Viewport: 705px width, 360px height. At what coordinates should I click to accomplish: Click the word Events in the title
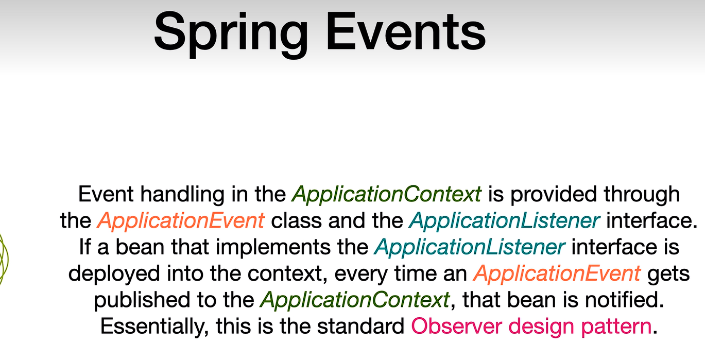(406, 31)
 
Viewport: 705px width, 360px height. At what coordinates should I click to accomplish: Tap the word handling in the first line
(182, 194)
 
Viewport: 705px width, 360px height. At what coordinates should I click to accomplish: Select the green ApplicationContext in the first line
(387, 195)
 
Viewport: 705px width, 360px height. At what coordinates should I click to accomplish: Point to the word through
(642, 195)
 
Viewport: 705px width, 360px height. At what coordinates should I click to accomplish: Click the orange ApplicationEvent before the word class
(181, 220)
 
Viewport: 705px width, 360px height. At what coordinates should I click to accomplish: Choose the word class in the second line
(296, 220)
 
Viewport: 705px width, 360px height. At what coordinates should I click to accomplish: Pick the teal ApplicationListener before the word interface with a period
(505, 220)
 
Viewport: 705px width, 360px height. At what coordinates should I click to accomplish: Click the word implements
(273, 247)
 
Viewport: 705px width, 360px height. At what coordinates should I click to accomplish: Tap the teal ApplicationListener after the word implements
(470, 247)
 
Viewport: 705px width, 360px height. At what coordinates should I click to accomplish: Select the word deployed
(114, 274)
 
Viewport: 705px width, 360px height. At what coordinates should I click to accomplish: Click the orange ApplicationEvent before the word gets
(557, 273)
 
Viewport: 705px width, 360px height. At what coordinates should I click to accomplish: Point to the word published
(142, 300)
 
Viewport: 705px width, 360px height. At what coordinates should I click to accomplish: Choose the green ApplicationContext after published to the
(355, 300)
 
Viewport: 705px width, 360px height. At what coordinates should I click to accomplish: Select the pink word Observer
(456, 327)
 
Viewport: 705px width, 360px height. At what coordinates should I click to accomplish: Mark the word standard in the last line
(360, 327)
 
